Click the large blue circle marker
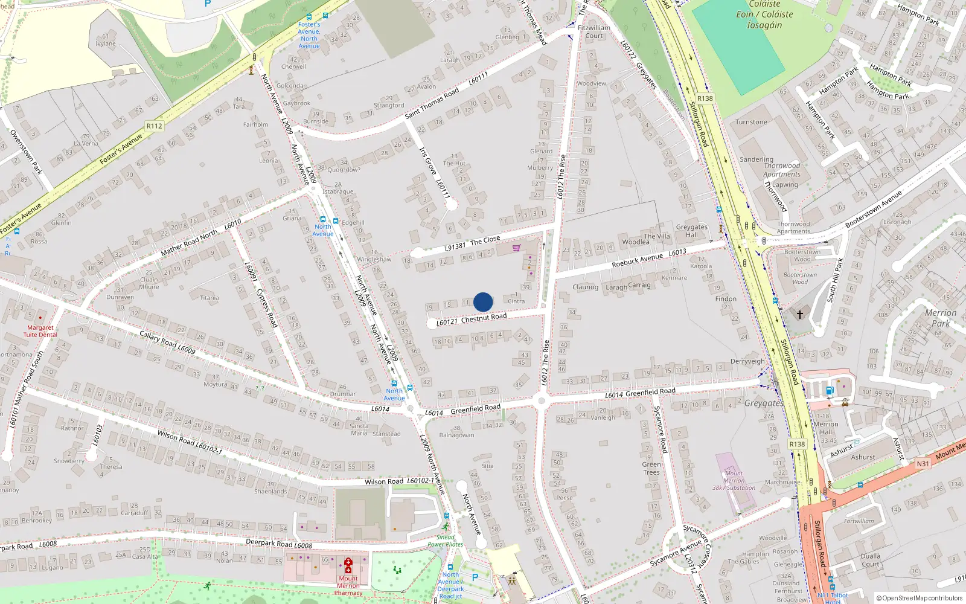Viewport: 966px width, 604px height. coord(483,301)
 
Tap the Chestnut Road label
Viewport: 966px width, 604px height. coord(484,318)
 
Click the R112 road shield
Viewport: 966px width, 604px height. coord(155,126)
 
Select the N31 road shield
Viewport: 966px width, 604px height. coord(923,464)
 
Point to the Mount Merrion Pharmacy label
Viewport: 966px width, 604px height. coord(348,585)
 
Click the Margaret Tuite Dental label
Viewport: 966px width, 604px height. coord(40,331)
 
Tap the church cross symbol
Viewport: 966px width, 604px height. coord(800,315)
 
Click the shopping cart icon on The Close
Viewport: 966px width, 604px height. coord(516,248)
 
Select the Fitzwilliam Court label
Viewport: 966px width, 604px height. coord(594,32)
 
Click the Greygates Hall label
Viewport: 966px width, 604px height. coord(691,231)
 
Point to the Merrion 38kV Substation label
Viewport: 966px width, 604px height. coord(734,481)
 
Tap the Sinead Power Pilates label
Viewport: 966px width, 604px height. coord(445,541)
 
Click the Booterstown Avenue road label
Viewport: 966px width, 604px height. coord(873,210)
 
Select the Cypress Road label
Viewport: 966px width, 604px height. coord(267,308)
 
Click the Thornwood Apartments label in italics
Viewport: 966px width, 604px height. coord(782,170)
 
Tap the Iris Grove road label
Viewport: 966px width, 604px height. coord(428,161)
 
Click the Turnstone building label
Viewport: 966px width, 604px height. coord(751,122)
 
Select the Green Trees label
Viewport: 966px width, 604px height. coord(651,468)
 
